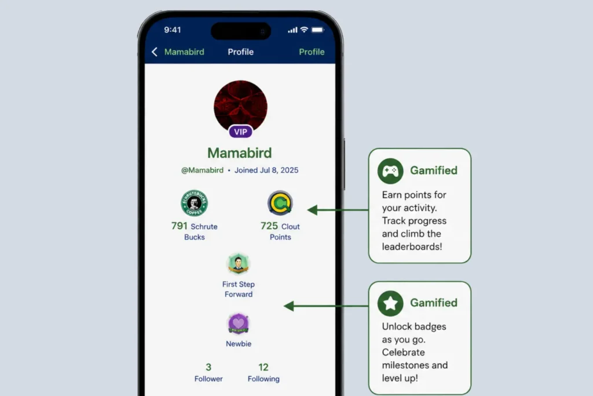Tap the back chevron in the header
pos(154,52)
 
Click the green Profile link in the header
pos(312,52)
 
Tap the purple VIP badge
pos(240,132)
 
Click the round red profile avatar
pos(240,107)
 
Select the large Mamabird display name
pos(240,153)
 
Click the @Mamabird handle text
pos(202,170)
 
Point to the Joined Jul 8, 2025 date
pos(266,170)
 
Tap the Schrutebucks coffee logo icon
pos(194,203)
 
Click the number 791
pos(180,226)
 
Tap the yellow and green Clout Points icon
pos(280,203)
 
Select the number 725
pos(269,226)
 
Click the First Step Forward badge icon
pos(238,263)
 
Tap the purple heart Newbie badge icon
pos(238,324)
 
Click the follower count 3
pos(208,367)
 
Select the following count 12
pos(263,367)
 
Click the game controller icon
pos(390,171)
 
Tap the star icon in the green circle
pos(390,303)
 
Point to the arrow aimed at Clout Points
pos(338,210)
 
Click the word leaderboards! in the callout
pos(412,246)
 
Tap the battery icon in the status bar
pos(318,30)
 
